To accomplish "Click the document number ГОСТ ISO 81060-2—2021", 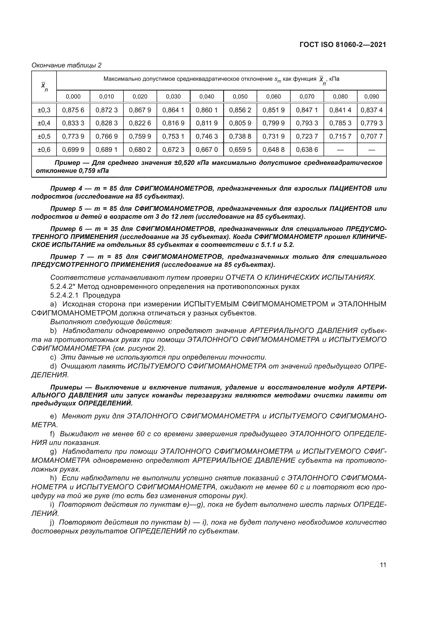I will tap(342, 45).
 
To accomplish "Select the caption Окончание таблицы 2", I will tap(67, 65).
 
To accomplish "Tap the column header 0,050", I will tap(240, 97).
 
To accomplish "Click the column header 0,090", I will tap(372, 97).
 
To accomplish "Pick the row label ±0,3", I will tap(44, 110).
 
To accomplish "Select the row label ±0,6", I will tap(44, 149).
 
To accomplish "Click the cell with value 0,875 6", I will tap(73, 110).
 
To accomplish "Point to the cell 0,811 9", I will tap(206, 123).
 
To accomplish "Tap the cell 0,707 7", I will tap(372, 136).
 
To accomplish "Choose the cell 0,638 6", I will tap(307, 149).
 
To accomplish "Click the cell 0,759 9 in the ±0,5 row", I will tap(140, 136).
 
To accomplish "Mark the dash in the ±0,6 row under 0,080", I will tap(340, 149).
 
